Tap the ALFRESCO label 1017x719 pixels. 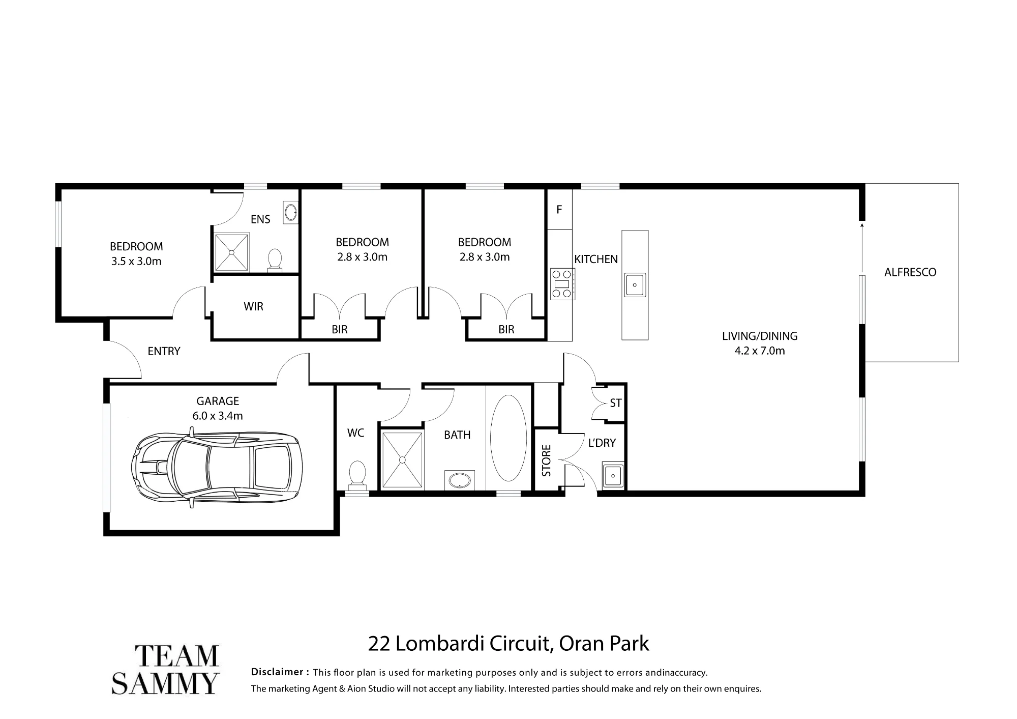click(x=910, y=272)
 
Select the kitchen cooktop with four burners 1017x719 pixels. click(x=562, y=284)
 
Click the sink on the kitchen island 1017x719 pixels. click(x=635, y=285)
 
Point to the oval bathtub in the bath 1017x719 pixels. click(x=508, y=438)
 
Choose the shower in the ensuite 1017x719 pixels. click(x=232, y=252)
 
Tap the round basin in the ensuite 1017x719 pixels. click(x=291, y=212)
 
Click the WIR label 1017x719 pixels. click(x=253, y=306)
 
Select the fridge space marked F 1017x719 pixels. click(x=559, y=209)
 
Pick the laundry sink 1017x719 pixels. click(x=613, y=476)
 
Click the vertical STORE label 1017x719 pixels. click(x=547, y=461)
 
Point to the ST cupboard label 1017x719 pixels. click(x=616, y=403)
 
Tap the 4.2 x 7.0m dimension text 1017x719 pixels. click(x=760, y=351)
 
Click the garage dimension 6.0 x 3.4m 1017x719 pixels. click(x=218, y=416)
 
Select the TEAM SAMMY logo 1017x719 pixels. click(x=165, y=669)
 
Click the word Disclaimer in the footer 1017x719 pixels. click(x=277, y=672)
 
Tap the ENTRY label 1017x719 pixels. click(x=164, y=351)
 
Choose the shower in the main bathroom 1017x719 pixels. click(x=402, y=460)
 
